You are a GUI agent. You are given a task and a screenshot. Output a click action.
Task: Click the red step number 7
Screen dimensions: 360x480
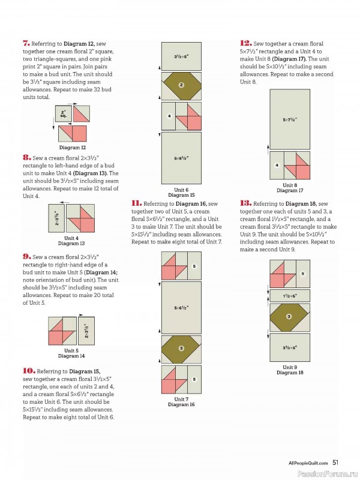[26, 43]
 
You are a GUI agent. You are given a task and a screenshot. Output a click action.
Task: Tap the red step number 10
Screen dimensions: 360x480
[29, 371]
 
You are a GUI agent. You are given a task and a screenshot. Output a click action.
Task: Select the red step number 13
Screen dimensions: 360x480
[245, 203]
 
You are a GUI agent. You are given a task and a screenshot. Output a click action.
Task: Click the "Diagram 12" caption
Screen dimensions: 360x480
[73, 148]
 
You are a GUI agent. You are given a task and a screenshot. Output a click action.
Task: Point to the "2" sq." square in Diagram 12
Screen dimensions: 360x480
[64, 114]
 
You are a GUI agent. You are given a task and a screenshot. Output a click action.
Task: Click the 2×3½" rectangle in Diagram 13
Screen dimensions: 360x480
[56, 218]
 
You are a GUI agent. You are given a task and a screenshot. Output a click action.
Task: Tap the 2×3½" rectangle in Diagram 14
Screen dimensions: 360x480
[86, 331]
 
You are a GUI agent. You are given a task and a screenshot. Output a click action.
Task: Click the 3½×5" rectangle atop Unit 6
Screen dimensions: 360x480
[182, 56]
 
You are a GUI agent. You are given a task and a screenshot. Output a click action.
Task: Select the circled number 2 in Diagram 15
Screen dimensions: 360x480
[182, 85]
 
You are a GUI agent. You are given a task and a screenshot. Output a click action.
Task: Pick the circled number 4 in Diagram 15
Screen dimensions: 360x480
[169, 116]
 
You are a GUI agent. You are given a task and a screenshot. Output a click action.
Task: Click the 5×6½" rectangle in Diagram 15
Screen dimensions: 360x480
[182, 158]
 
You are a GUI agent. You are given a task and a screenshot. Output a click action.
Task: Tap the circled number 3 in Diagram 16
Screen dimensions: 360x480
[182, 349]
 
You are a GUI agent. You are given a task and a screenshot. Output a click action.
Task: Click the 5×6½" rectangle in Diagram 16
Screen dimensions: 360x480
[182, 308]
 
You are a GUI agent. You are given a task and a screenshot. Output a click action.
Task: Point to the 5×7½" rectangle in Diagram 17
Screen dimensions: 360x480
[290, 119]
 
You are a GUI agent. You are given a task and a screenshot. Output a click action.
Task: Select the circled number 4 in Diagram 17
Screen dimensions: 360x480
[277, 166]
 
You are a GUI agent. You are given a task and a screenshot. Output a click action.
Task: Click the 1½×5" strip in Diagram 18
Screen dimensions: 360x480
[290, 296]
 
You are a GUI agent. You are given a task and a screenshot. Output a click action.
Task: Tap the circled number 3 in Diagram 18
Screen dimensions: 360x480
[289, 317]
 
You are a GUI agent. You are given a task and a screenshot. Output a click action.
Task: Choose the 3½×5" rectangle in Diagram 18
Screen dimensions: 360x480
[290, 347]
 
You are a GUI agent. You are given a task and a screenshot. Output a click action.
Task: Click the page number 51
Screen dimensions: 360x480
[335, 463]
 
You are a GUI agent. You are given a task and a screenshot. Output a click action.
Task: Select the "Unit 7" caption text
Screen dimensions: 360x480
[181, 399]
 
